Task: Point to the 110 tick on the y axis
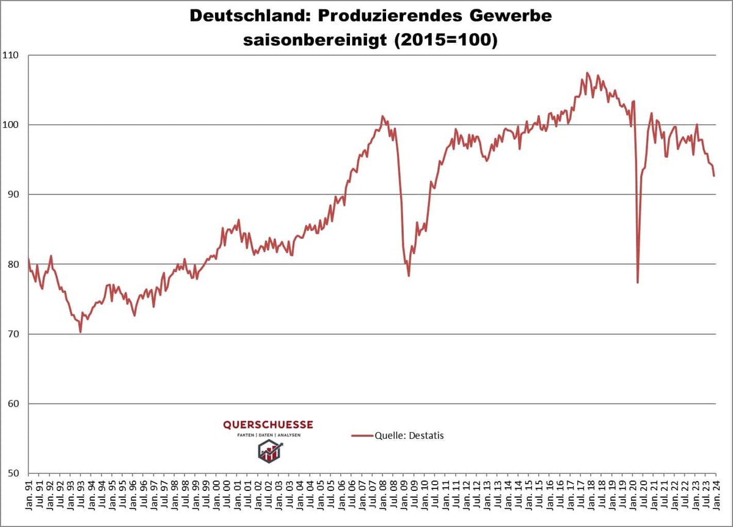(x=12, y=55)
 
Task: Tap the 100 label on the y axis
(x=12, y=125)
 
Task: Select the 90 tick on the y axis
(x=14, y=194)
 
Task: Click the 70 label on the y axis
(x=14, y=334)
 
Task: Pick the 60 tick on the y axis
(x=14, y=404)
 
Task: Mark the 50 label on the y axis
(x=14, y=473)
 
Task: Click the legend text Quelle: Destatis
(x=409, y=435)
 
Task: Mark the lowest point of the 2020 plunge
(x=637, y=282)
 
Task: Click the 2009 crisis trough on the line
(x=408, y=276)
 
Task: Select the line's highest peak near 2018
(x=587, y=73)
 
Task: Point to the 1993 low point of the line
(x=80, y=332)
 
